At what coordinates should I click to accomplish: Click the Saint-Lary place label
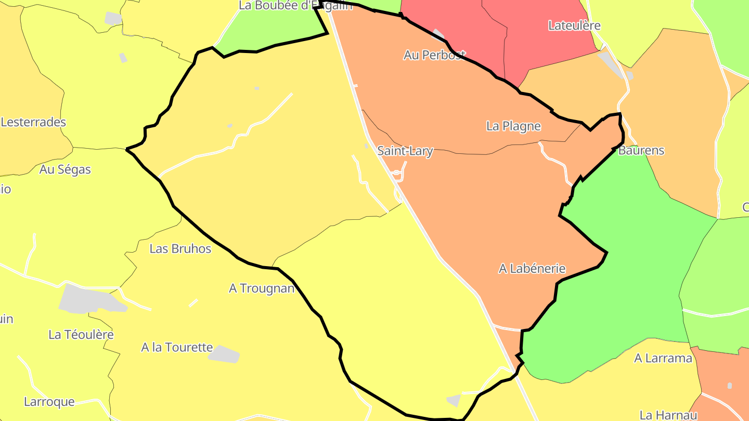[405, 151]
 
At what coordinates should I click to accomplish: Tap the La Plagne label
[513, 126]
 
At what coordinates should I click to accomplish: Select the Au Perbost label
[434, 55]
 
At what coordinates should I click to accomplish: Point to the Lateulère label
[574, 25]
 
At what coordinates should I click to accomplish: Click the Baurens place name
[641, 151]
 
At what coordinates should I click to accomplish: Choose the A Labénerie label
[532, 269]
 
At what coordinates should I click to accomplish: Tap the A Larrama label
[663, 358]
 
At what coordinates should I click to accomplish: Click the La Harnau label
[668, 415]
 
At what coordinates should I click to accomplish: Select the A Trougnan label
[262, 288]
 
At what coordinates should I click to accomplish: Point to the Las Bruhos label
[180, 249]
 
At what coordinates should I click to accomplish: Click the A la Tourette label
[177, 347]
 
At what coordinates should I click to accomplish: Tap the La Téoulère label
[81, 335]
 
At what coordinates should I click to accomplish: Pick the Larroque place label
[49, 402]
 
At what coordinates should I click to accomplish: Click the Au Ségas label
[65, 169]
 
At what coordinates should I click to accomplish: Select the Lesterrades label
[33, 122]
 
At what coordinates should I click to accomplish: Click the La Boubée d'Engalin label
[295, 6]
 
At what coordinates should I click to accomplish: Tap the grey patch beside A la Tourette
[224, 353]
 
